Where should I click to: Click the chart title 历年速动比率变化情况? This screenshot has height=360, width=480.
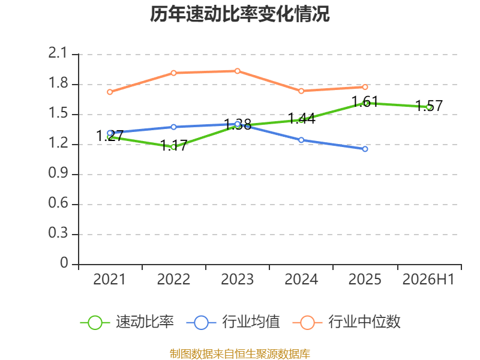point(239,14)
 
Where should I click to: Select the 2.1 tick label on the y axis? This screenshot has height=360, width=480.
point(57,53)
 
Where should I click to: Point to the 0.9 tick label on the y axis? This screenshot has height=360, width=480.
point(58,173)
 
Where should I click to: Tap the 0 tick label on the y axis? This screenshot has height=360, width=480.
point(64,263)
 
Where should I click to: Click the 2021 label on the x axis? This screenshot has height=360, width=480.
point(109,280)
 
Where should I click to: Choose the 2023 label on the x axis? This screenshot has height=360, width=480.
point(237,280)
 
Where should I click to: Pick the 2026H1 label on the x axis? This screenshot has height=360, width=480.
point(428,280)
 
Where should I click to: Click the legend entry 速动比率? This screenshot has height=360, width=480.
point(127,322)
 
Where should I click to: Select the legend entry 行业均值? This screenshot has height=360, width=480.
point(233,322)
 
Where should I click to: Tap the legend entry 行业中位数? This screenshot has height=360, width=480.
point(347,322)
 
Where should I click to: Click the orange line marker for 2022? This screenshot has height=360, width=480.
point(173,73)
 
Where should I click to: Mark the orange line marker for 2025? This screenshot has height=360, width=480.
point(365,87)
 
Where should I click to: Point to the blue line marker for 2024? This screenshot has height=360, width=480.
point(301,140)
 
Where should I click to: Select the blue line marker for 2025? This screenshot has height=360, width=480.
point(365,149)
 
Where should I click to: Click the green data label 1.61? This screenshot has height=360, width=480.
point(365,101)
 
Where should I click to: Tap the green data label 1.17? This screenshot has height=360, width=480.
point(173,145)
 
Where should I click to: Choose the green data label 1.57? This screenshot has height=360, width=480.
point(429,106)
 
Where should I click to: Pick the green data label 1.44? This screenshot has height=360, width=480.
point(302,119)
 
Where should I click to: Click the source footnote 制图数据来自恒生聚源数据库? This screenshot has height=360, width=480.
point(239,354)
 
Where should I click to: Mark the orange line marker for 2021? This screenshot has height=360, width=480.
point(110,92)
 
